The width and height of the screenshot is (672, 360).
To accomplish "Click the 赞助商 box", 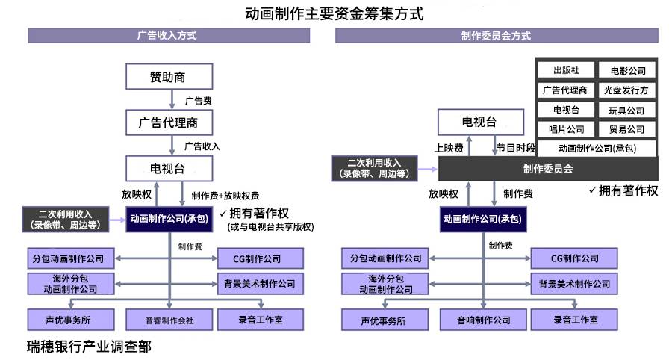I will click(x=169, y=76).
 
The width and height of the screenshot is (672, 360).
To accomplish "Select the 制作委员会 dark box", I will click(x=547, y=169).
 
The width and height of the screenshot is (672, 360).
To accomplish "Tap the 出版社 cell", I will click(x=565, y=70).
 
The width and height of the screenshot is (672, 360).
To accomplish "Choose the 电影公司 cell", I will click(x=627, y=71).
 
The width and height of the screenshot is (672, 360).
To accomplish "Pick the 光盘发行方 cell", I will click(x=627, y=90).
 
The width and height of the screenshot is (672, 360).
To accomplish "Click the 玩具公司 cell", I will click(x=627, y=110).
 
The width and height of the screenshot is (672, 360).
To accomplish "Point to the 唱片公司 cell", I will click(x=565, y=129).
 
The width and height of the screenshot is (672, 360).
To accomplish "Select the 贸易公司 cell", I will click(x=627, y=129).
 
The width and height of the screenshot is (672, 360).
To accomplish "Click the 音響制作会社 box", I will click(x=169, y=320).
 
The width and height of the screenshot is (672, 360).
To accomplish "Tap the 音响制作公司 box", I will click(x=484, y=320).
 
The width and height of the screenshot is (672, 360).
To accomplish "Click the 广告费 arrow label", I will click(x=198, y=100).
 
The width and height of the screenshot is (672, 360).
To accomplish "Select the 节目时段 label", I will click(x=517, y=148).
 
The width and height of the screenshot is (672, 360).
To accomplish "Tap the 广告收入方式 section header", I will click(x=167, y=35).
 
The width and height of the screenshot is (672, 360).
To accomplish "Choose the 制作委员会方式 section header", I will click(x=496, y=35).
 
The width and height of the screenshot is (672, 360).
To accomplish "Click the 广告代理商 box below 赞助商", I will click(x=169, y=122).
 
